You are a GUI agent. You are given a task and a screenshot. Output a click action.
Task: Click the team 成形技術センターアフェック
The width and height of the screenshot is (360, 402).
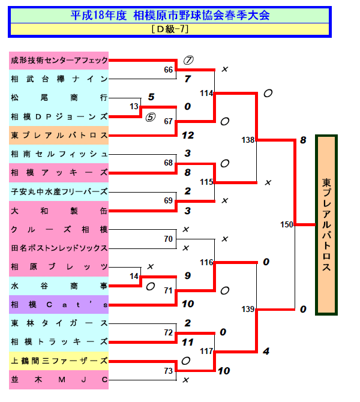tap(59, 61)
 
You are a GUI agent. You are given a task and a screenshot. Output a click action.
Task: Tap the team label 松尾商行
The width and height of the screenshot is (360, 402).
tap(59, 98)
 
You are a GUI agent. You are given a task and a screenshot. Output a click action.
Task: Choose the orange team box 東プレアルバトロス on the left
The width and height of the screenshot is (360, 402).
tap(59, 136)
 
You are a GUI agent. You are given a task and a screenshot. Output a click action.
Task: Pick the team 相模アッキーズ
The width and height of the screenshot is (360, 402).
tap(59, 173)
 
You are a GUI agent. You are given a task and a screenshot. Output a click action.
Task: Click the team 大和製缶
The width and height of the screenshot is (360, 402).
tap(59, 211)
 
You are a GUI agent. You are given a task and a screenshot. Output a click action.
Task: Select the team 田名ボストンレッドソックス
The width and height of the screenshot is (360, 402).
tap(59, 248)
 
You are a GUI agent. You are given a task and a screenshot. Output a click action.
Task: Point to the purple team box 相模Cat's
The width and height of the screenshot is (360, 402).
tap(59, 304)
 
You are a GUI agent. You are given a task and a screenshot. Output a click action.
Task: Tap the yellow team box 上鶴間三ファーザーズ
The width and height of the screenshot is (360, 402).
tap(59, 361)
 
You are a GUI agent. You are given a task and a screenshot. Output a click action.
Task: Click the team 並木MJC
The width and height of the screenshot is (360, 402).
tap(59, 379)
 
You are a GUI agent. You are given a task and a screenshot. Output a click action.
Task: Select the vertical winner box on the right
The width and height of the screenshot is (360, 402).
tap(326, 225)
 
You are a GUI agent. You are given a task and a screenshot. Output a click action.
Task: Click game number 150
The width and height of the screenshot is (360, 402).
tap(287, 225)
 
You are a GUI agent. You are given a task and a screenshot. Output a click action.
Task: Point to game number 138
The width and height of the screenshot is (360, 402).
tap(248, 140)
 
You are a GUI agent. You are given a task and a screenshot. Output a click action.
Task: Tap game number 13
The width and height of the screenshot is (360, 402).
tap(133, 107)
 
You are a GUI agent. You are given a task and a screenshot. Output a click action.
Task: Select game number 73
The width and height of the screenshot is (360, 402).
tap(169, 370)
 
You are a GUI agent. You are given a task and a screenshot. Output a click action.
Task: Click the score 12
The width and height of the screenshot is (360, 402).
tap(187, 136)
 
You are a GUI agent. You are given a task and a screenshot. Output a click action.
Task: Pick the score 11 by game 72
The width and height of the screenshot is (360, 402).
tap(187, 342)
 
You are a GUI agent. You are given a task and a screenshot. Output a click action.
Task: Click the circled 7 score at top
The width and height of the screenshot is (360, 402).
tap(188, 60)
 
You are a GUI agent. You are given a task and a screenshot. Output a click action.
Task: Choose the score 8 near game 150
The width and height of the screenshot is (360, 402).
tap(303, 140)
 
